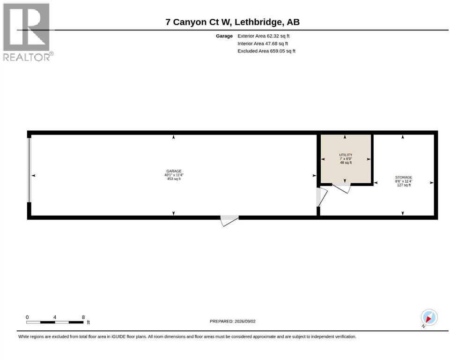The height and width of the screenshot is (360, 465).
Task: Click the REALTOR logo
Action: (28, 32)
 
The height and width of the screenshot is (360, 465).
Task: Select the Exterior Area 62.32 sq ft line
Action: (263, 36)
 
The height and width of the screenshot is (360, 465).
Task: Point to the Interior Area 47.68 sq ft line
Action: (263, 43)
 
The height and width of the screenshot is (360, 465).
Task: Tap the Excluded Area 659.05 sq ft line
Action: (266, 51)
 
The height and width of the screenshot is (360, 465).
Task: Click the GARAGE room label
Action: (174, 171)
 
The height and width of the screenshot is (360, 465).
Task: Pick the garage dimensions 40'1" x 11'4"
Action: (174, 175)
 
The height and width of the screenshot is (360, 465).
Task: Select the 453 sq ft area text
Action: (174, 179)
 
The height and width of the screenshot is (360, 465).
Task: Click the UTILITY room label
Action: (346, 155)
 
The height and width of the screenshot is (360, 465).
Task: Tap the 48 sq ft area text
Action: (346, 163)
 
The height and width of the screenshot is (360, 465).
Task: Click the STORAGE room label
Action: (404, 177)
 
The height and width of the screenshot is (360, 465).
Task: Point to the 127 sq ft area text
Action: (404, 185)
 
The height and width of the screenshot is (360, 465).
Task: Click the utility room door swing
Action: (341, 188)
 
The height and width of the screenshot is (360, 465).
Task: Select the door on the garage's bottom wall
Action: (229, 221)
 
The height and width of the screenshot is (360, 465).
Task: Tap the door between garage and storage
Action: (322, 197)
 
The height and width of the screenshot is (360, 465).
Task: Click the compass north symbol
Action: (429, 318)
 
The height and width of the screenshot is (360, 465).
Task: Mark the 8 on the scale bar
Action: (83, 317)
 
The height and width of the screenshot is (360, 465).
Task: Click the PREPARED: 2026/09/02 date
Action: (232, 321)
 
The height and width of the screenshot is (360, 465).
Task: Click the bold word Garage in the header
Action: (224, 36)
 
